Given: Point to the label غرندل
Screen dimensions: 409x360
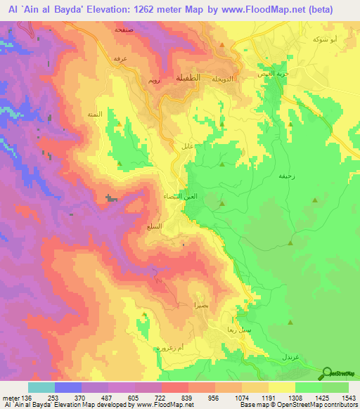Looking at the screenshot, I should [x=307, y=357].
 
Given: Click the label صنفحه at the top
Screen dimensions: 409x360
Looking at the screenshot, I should [x=124, y=31].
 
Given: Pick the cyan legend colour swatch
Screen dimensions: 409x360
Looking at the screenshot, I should [x=41, y=387].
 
